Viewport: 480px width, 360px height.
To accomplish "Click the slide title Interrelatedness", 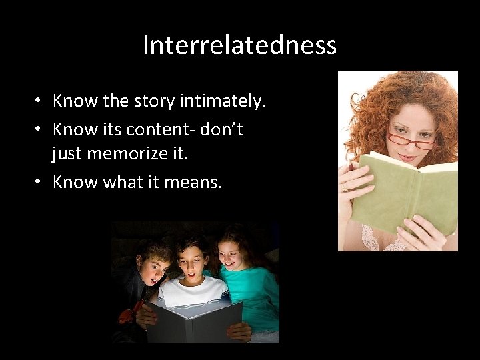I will [x=239, y=46].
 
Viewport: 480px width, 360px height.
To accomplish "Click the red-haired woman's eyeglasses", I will [x=410, y=141].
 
